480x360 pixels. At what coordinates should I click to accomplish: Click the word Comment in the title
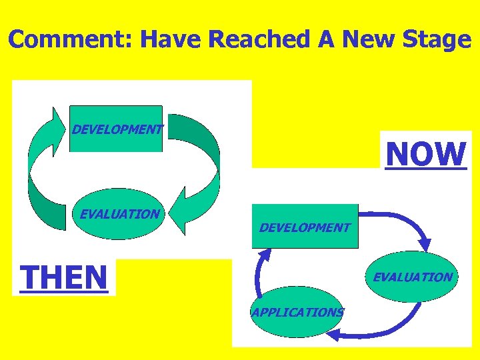71,40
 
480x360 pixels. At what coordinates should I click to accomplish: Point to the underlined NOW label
426,154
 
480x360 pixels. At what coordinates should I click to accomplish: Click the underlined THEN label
64,277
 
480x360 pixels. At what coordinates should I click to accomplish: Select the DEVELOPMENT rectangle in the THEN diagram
116,129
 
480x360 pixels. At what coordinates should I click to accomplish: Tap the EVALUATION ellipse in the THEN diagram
120,214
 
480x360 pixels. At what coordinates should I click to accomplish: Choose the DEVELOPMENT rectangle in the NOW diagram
305,227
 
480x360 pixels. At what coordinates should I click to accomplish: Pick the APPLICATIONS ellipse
297,311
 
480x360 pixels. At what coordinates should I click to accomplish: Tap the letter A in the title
326,40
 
